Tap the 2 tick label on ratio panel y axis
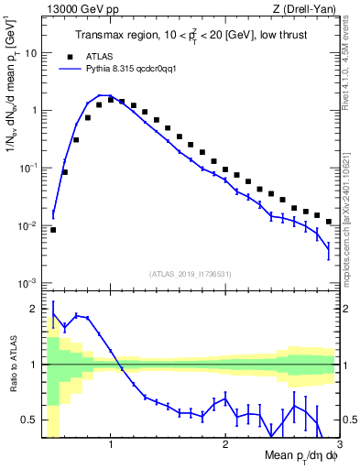pos(35,309)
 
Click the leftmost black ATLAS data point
pos(53,230)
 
